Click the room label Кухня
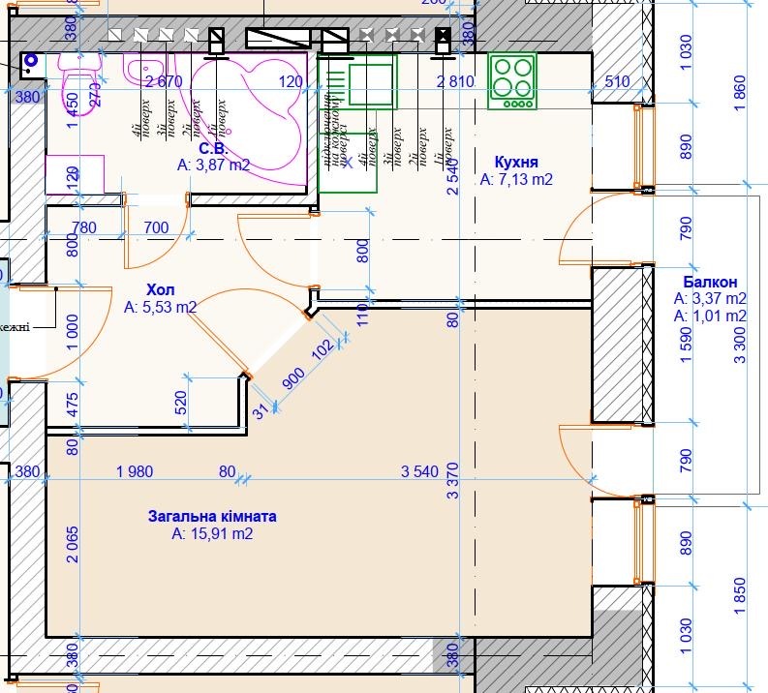click(515, 162)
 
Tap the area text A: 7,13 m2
click(515, 179)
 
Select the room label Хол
click(160, 290)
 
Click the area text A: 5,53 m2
click(160, 308)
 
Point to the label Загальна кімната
click(212, 516)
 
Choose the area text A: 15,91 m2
click(212, 533)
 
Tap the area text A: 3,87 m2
click(213, 166)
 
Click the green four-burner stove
click(512, 78)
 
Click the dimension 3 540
click(420, 471)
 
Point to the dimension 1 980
click(134, 471)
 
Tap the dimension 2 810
click(455, 81)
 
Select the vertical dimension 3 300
click(741, 344)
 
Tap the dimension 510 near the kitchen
click(618, 81)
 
